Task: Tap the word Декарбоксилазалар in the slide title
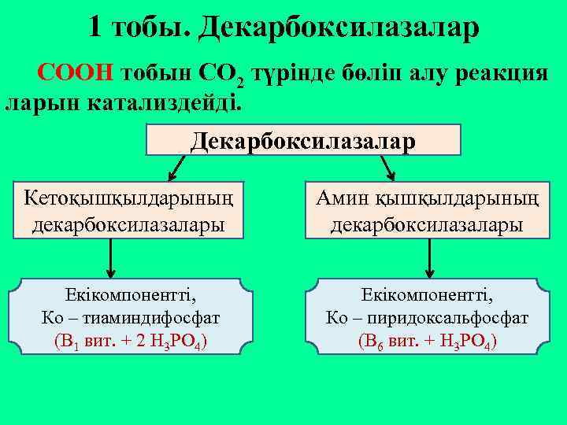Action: pos(338,28)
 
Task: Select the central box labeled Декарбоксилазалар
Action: pos(303,140)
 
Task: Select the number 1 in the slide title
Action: pos(95,28)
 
